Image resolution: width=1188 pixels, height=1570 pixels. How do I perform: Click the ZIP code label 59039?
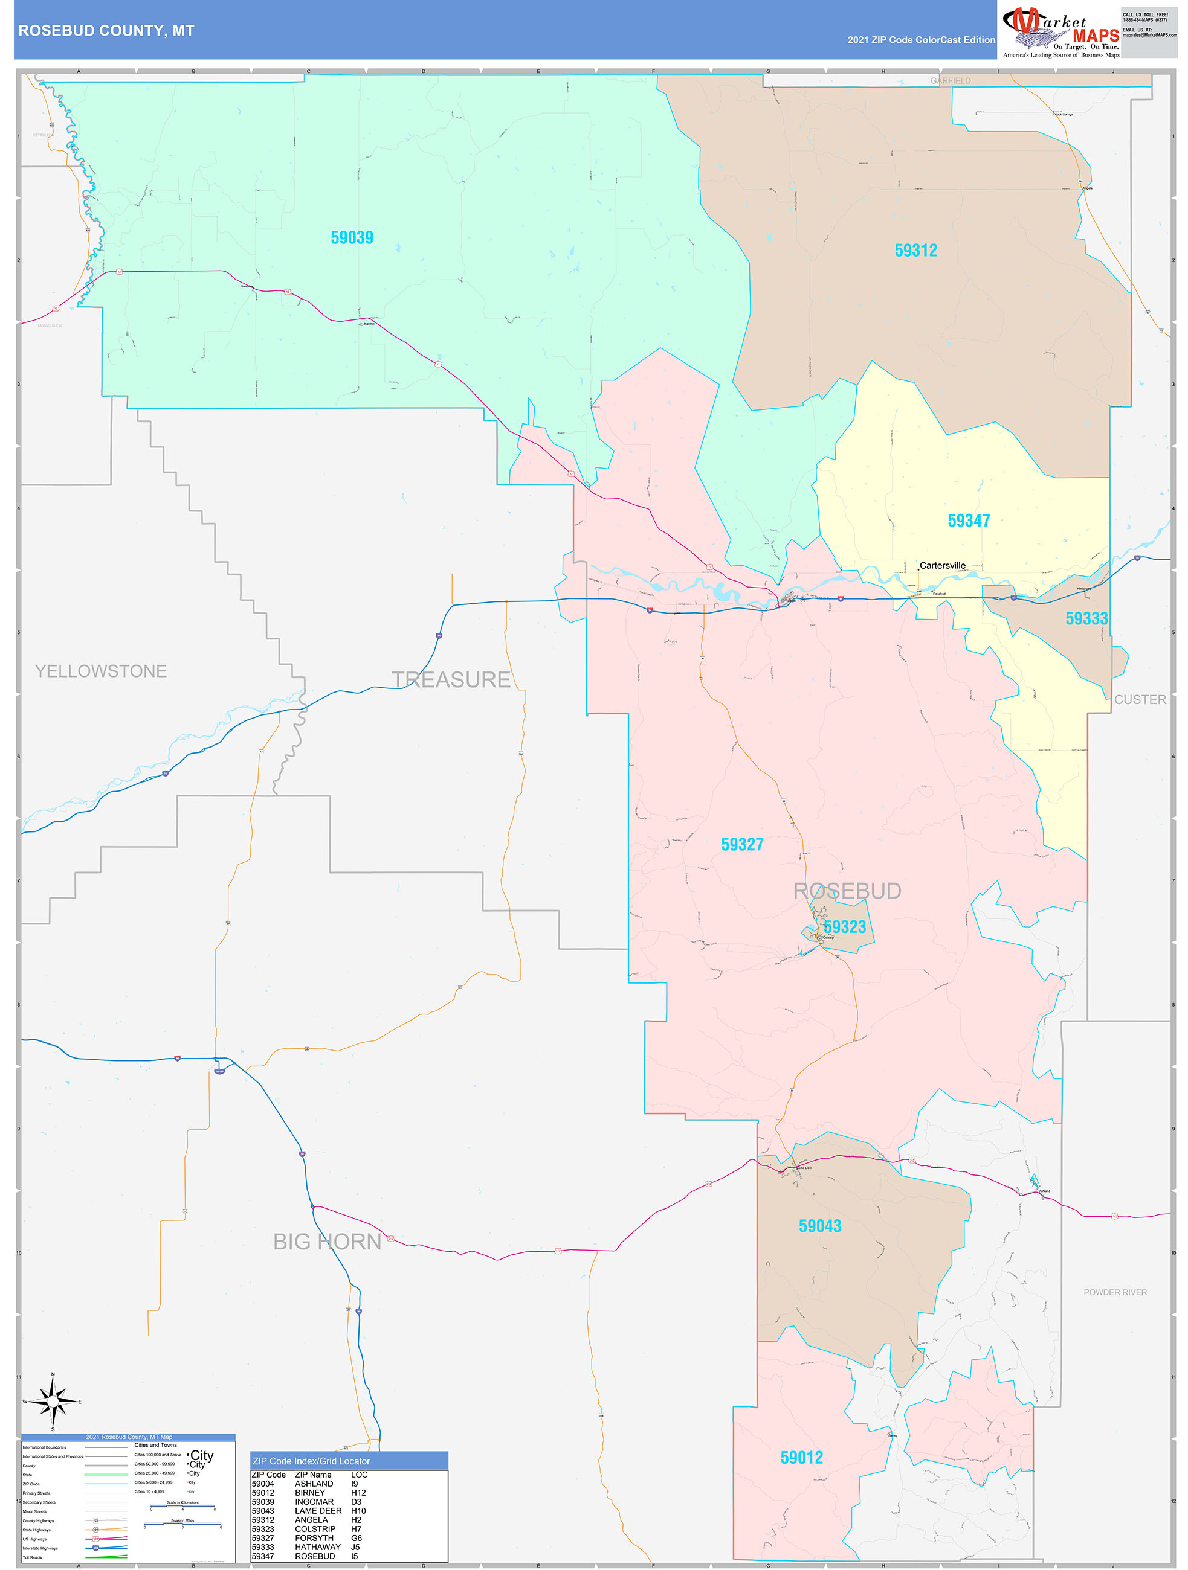[x=352, y=238]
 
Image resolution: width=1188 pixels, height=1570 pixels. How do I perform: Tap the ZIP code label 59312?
[x=915, y=251]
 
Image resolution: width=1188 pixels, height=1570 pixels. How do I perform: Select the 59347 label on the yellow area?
[x=968, y=521]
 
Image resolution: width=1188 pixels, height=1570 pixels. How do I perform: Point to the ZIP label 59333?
[x=1086, y=619]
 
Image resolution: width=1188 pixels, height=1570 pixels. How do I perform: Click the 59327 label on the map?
[x=742, y=845]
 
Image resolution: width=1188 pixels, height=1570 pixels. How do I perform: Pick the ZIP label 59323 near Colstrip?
[x=844, y=927]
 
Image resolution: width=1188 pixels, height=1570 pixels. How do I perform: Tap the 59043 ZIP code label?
[x=819, y=1226]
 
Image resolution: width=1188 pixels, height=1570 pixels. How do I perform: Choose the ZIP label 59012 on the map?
[x=801, y=1458]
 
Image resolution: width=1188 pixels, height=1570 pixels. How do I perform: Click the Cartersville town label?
[x=941, y=566]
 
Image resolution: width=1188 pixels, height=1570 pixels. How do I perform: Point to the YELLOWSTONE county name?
[x=101, y=671]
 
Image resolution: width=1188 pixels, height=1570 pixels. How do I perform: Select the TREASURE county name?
[x=451, y=680]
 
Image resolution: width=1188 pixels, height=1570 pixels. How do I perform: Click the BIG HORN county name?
[x=328, y=1242]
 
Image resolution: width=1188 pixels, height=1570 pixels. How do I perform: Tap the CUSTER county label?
[x=1139, y=700]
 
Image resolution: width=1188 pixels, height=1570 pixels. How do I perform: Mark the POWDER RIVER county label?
[x=1114, y=1292]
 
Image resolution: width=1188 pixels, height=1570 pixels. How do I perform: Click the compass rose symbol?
[x=53, y=1402]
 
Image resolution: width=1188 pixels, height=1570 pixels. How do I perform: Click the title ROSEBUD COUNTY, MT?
[x=106, y=31]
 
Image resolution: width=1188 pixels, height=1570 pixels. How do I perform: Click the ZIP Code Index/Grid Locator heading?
[x=311, y=1461]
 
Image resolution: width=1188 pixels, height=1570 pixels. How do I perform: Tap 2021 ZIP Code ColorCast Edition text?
[x=921, y=40]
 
